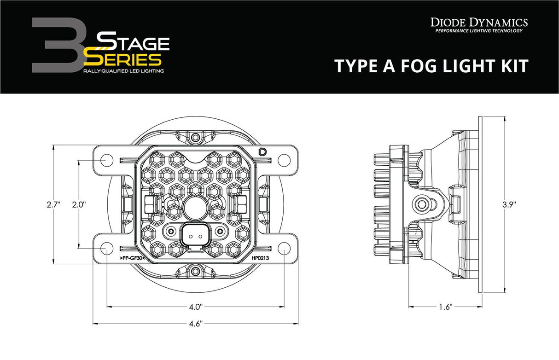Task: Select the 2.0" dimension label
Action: click(79, 205)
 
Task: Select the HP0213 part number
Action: click(260, 258)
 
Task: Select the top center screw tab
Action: click(196, 137)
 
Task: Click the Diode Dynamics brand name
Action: click(479, 22)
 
